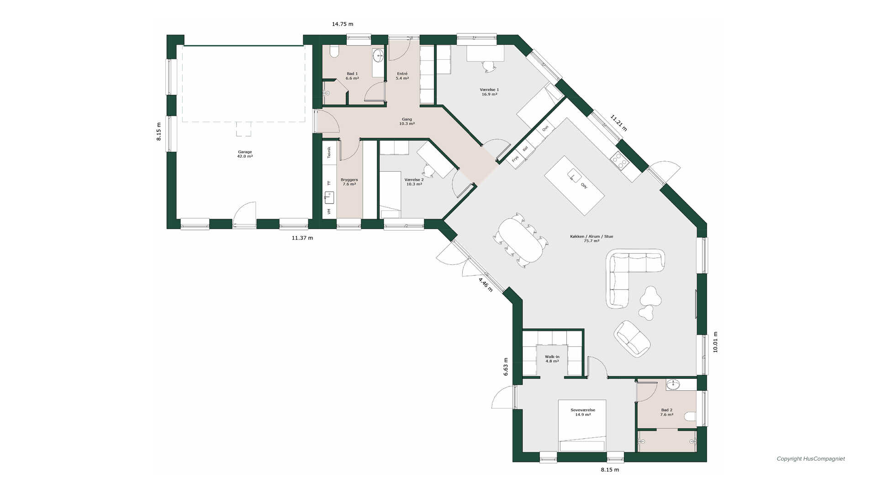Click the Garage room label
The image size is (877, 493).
(x=245, y=154)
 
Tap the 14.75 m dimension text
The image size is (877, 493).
(x=343, y=24)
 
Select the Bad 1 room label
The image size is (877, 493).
(x=352, y=76)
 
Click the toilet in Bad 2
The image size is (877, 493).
(x=690, y=417)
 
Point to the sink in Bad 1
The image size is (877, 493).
(x=378, y=56)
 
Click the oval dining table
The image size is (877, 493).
(x=521, y=240)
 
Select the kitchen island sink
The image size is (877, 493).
(x=573, y=175)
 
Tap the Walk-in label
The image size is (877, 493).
(x=552, y=359)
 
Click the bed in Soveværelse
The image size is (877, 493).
(x=582, y=426)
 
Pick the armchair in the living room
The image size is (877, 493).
(x=632, y=338)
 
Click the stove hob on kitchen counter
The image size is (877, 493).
(x=620, y=158)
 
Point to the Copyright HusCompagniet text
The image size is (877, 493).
(x=811, y=459)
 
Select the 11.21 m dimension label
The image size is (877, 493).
(x=619, y=123)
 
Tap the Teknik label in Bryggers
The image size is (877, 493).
(x=329, y=152)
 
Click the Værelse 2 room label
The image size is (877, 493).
(x=414, y=182)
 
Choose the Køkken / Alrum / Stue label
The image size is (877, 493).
(x=592, y=239)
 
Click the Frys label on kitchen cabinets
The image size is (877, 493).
(x=515, y=159)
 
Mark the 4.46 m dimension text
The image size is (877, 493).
(x=486, y=284)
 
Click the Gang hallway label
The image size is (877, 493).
(x=407, y=121)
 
